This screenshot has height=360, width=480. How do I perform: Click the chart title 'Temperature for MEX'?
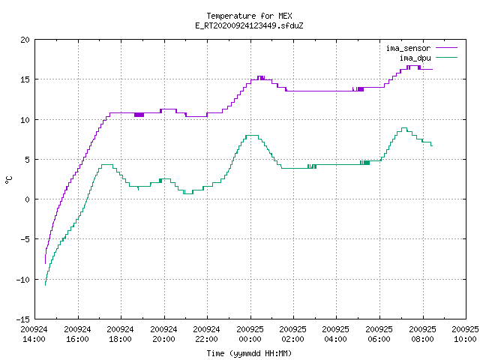249,16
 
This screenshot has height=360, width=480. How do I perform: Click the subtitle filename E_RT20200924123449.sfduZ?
249,25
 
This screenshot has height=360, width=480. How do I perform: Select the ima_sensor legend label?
408,48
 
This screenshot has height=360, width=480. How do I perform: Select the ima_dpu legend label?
415,58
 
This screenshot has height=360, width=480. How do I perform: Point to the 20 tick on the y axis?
25,40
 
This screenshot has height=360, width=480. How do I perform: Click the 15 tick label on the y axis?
25,79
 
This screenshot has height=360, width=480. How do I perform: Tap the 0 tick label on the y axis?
27,199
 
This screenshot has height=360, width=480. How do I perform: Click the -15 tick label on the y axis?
23,319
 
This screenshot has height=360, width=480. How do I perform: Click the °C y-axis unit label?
8,180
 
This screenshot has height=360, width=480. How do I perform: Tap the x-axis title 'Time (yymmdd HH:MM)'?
249,353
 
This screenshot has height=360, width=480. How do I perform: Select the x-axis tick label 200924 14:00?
34,334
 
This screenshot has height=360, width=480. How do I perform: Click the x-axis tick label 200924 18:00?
120,334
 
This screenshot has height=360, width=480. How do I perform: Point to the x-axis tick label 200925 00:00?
250,334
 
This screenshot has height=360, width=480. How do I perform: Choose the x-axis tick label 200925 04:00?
335,334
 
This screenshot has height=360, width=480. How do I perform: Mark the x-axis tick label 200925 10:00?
465,334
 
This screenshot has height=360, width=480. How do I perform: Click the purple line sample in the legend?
446,48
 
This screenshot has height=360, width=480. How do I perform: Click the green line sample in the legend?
446,57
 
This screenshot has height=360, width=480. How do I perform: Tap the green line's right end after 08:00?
432,145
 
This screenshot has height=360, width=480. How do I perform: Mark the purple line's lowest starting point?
45,263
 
